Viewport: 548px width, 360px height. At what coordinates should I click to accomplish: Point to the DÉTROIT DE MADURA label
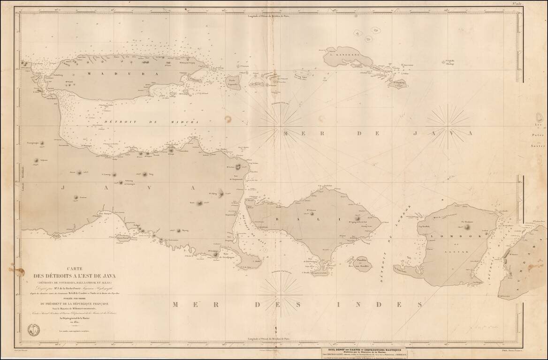click(151, 122)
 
